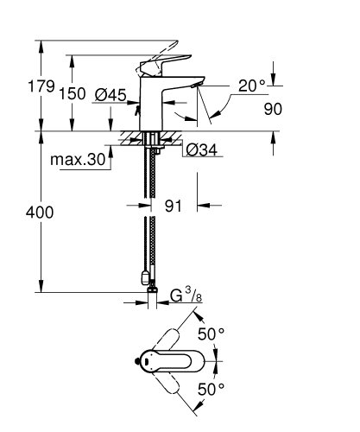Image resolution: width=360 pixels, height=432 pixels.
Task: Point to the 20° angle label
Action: point(250,86)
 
